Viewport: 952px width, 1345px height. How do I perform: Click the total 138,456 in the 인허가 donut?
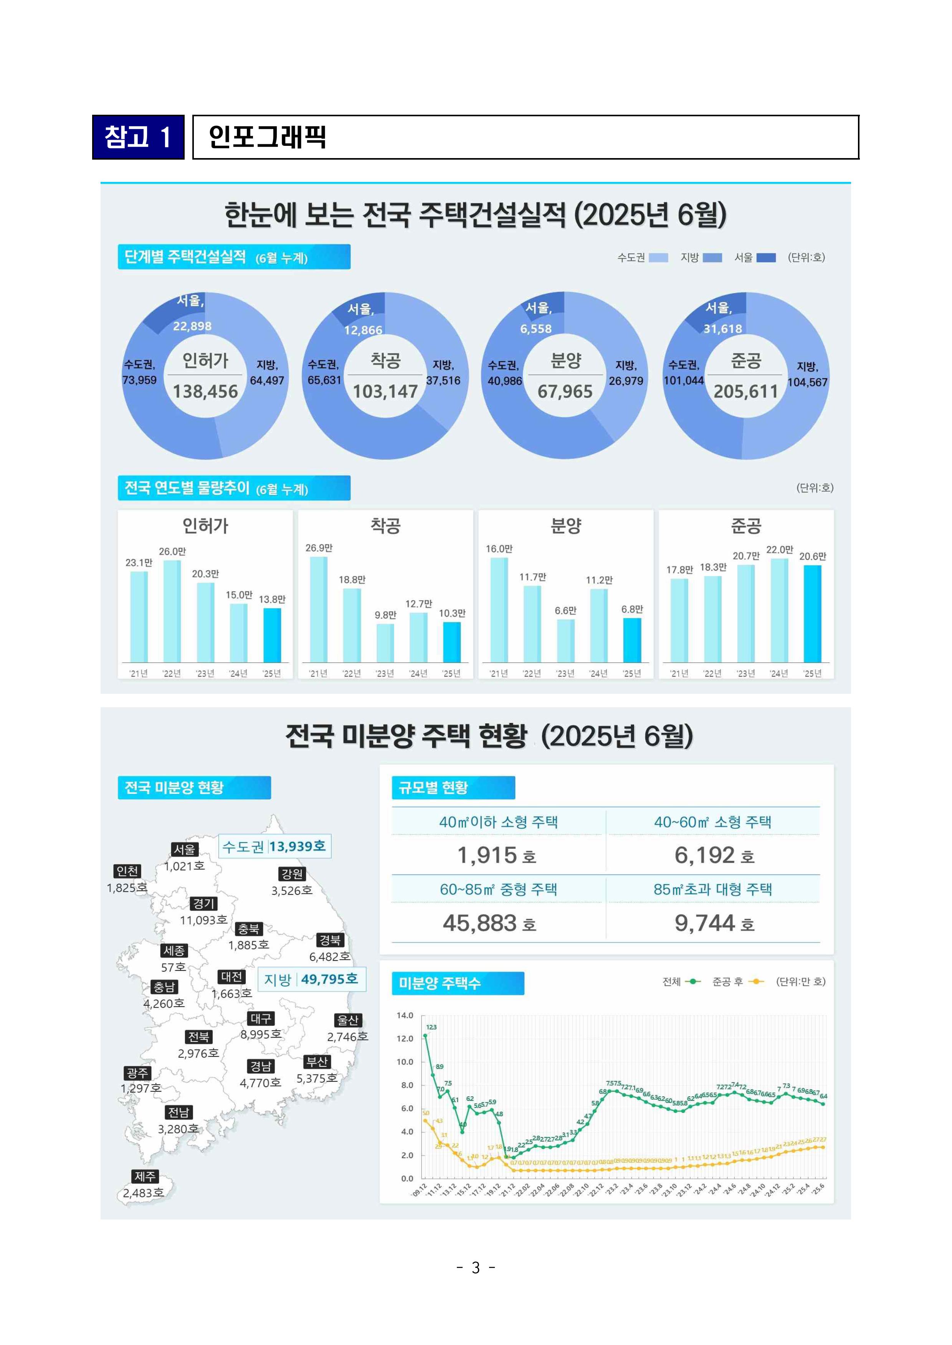point(205,391)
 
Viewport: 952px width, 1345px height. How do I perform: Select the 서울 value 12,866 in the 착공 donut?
point(363,330)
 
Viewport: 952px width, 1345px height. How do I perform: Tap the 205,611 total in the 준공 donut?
point(745,391)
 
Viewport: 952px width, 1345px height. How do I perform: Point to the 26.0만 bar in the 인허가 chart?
point(172,611)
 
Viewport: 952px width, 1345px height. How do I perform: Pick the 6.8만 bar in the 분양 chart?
point(632,640)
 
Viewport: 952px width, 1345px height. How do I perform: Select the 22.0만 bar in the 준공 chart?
point(779,610)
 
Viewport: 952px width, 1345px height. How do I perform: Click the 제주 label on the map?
point(145,1176)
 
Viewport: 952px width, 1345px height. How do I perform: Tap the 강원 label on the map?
point(292,874)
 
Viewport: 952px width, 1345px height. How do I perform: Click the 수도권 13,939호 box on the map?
point(274,846)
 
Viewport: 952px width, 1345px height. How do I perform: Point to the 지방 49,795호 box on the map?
point(311,979)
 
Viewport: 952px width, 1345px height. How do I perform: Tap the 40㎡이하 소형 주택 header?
point(498,822)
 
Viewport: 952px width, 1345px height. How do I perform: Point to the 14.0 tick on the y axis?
point(405,1016)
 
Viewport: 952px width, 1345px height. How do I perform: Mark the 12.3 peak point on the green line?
point(425,1036)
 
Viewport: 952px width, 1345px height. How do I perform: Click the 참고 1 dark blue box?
point(138,137)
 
